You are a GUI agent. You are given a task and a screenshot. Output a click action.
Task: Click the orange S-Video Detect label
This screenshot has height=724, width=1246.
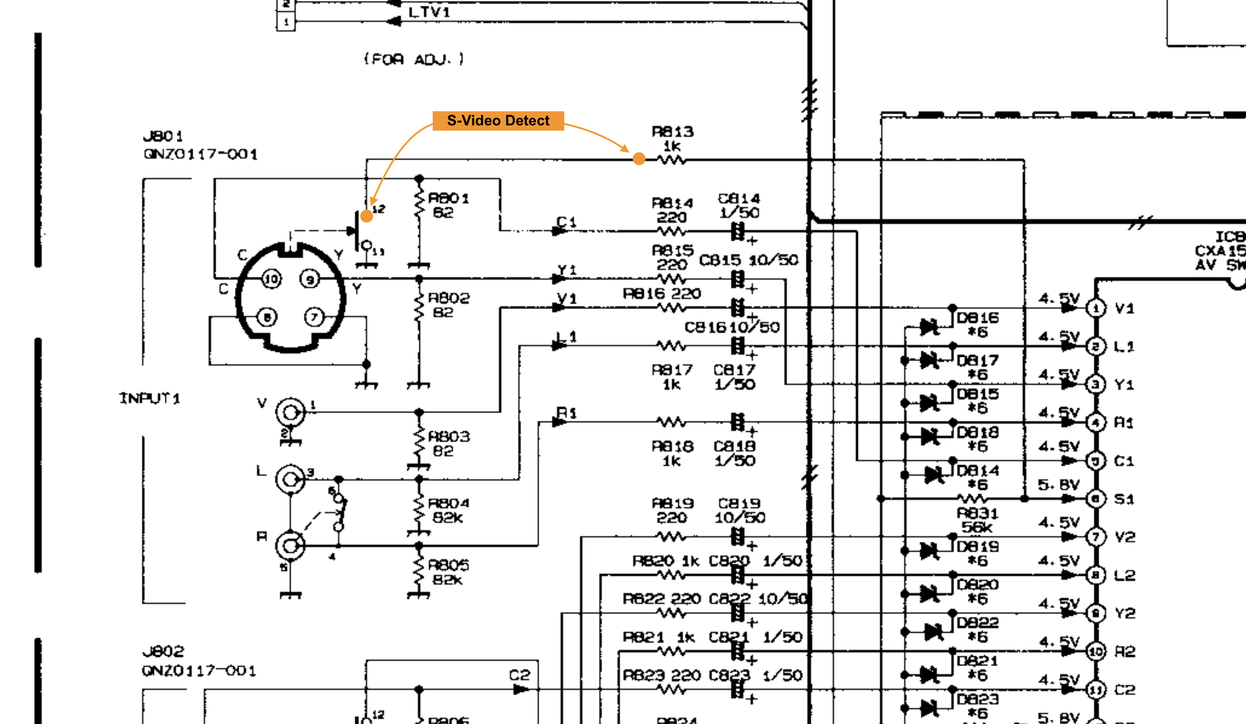498,121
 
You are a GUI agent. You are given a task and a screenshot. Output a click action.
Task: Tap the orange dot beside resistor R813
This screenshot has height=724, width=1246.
639,159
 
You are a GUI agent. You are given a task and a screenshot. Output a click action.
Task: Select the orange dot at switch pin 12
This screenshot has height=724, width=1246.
366,215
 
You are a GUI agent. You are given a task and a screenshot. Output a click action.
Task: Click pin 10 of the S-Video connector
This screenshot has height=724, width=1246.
271,279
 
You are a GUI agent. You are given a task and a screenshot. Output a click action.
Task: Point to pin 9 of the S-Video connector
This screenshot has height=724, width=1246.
310,279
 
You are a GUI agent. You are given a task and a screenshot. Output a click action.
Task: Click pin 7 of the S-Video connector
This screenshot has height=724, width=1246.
314,317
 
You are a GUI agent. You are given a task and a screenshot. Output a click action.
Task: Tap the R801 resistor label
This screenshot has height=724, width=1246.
448,198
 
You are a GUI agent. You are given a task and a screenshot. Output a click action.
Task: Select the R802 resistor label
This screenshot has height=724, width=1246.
449,298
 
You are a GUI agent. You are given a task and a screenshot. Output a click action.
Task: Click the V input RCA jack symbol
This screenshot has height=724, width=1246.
290,412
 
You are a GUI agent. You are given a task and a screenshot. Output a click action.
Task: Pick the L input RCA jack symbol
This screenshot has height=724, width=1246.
290,479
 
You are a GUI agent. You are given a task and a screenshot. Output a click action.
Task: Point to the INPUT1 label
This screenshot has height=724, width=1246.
149,398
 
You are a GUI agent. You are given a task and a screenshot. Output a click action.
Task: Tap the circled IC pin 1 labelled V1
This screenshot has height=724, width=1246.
1096,308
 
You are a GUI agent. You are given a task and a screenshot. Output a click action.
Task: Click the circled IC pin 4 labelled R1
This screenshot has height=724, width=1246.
1096,423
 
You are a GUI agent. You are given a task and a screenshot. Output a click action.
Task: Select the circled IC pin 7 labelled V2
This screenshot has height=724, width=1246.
1096,536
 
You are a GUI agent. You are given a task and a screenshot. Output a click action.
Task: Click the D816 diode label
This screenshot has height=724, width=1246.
978,317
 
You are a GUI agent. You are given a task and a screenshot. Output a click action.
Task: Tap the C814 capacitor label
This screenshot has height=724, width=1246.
739,198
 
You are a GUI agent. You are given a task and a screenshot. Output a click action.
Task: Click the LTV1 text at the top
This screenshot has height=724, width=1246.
429,12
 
